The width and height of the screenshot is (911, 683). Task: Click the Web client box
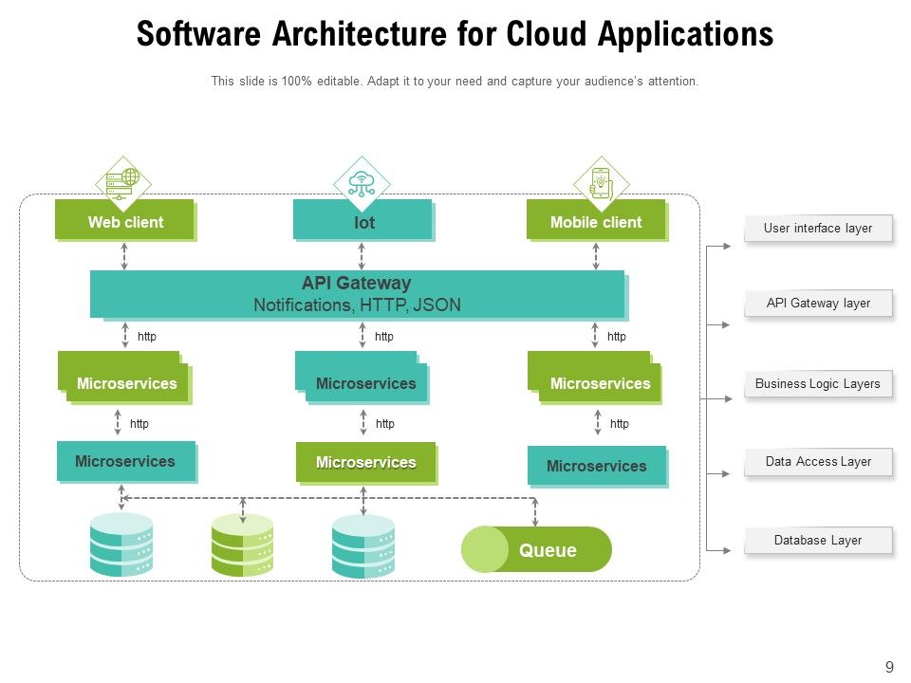coord(125,221)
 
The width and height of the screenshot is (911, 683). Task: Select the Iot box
coord(363,222)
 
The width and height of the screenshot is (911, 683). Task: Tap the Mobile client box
coord(596,222)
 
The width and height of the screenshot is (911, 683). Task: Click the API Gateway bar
coord(358,294)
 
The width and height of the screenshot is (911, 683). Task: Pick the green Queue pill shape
coord(537,550)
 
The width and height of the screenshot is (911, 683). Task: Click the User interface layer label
coord(817,229)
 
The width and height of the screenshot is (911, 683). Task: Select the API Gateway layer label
coord(817,304)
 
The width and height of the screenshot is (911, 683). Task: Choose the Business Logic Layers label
coord(817,384)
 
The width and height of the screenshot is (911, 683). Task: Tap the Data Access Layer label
coord(817,462)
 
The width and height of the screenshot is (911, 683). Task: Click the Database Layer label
coord(817,541)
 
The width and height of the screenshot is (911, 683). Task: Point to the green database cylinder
coord(242,545)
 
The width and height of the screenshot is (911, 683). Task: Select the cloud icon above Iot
coord(363,183)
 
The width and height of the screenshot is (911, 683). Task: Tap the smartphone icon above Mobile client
coord(602,183)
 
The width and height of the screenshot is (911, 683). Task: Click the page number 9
coord(889,667)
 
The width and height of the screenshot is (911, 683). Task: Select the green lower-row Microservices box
coord(365,463)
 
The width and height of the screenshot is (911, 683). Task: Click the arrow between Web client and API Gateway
coord(124,256)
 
